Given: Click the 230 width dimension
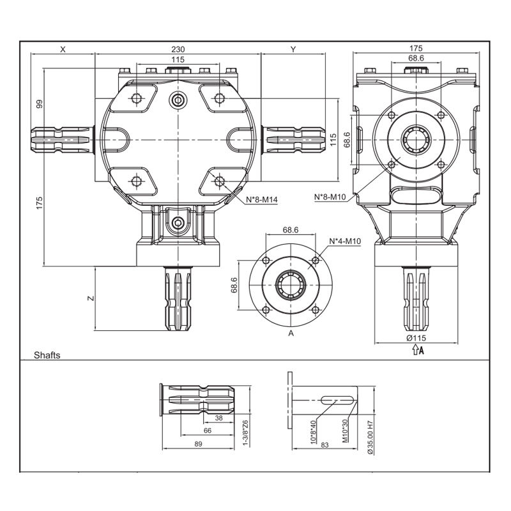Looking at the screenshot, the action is pyautogui.click(x=178, y=49).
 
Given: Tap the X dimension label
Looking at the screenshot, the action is pyautogui.click(x=63, y=49).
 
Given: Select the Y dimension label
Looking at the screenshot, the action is pyautogui.click(x=293, y=49).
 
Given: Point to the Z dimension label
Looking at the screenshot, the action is pyautogui.click(x=91, y=298).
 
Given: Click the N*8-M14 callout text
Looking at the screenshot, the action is pyautogui.click(x=262, y=199).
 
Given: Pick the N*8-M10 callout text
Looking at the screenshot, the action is pyautogui.click(x=330, y=197).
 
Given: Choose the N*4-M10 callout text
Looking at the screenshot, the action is pyautogui.click(x=345, y=241).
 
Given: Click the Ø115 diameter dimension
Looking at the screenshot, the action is pyautogui.click(x=416, y=338).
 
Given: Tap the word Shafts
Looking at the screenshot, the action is pyautogui.click(x=47, y=355).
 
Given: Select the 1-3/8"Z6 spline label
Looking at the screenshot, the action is pyautogui.click(x=245, y=433).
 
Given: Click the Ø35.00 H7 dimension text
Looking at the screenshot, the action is pyautogui.click(x=370, y=438).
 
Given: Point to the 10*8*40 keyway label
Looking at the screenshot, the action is pyautogui.click(x=313, y=432).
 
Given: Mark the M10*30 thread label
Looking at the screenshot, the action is pyautogui.click(x=346, y=431).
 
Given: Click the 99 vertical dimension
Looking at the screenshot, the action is pyautogui.click(x=39, y=104).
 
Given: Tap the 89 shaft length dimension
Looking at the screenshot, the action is pyautogui.click(x=198, y=444).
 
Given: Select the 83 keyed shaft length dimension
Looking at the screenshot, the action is pyautogui.click(x=324, y=445).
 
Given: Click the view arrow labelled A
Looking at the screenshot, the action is pyautogui.click(x=418, y=350).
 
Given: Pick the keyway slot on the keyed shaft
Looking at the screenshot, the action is pyautogui.click(x=338, y=400).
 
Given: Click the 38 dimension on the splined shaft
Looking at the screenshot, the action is pyautogui.click(x=219, y=418).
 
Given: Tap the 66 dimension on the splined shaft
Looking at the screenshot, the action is pyautogui.click(x=208, y=431).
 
